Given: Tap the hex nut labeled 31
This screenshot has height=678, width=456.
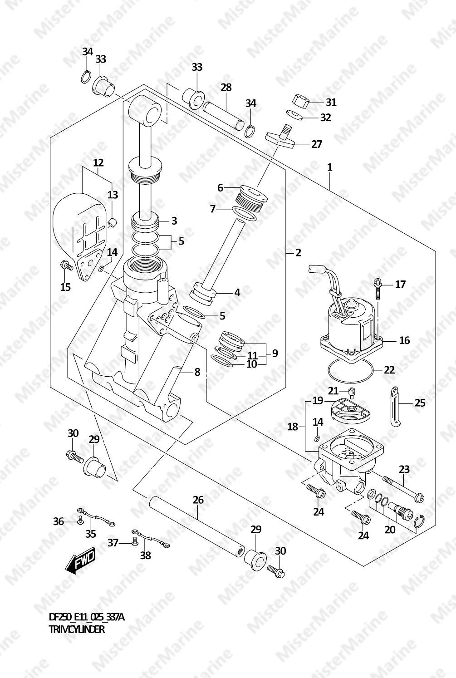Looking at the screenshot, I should (300, 101).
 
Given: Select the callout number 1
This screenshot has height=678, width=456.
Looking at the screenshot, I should (330, 167).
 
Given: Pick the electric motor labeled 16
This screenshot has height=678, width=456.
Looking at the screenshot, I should (352, 324).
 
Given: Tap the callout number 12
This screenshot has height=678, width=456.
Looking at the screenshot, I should (98, 162).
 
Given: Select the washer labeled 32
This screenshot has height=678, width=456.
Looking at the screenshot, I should (295, 115).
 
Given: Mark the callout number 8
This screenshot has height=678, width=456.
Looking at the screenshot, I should (197, 372).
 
